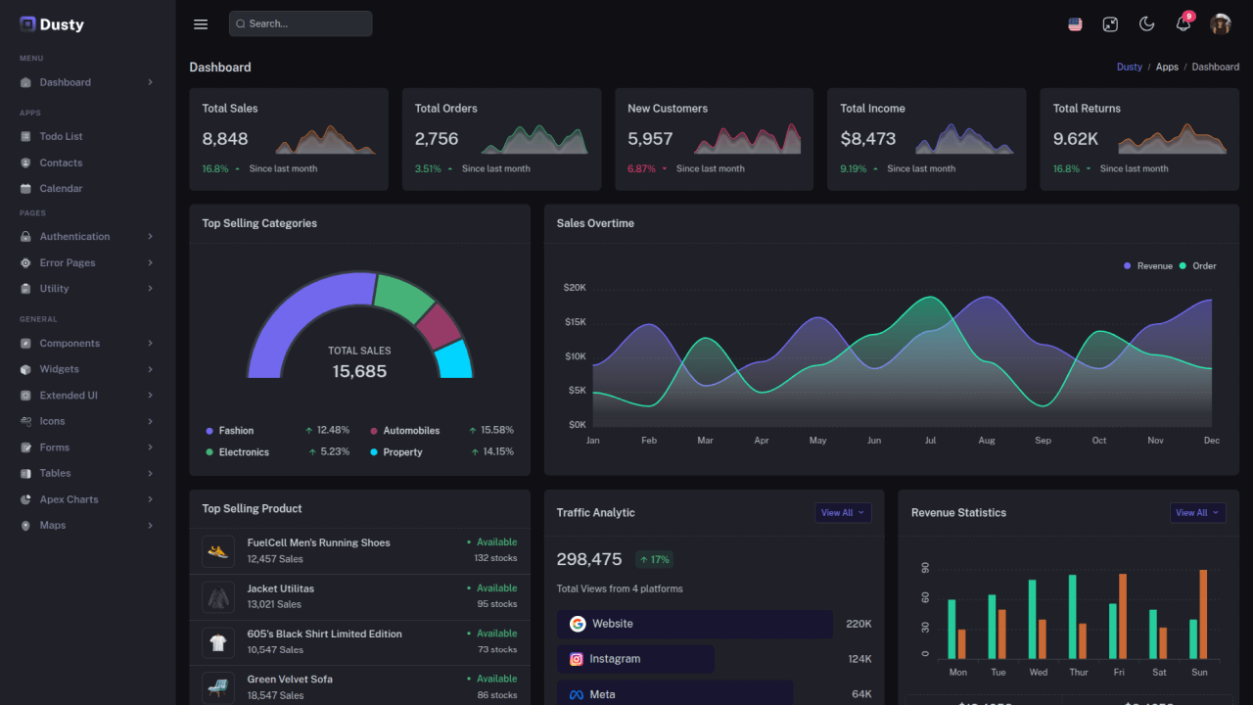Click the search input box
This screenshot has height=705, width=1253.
click(301, 23)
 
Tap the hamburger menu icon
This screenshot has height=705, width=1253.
click(201, 24)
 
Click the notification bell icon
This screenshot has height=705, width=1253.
click(1183, 24)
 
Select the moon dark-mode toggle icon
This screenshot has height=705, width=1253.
click(1147, 24)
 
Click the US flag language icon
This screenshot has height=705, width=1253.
click(1075, 24)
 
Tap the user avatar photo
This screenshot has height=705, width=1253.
click(1220, 24)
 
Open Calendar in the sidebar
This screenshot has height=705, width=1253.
click(61, 188)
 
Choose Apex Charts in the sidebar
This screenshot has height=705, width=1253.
click(69, 499)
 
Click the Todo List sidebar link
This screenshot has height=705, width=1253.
click(61, 136)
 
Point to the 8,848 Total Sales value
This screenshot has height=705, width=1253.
click(225, 139)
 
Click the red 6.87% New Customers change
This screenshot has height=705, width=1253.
click(641, 168)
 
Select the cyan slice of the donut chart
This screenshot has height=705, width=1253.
click(453, 359)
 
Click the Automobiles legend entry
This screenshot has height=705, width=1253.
click(410, 431)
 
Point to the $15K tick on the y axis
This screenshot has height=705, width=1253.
click(575, 322)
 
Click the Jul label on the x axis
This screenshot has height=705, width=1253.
click(930, 441)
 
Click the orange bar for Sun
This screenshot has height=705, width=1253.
click(1203, 614)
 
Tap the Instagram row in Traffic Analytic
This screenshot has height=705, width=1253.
click(635, 659)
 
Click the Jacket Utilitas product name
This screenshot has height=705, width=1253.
click(281, 588)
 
